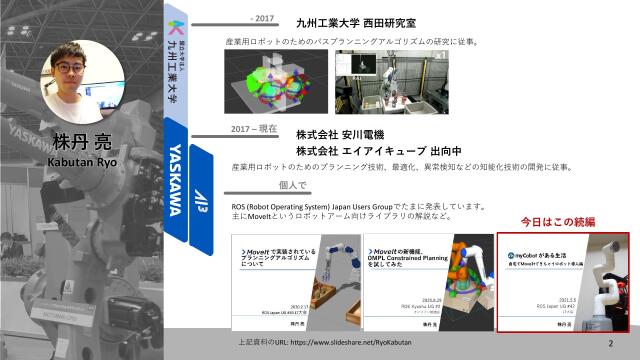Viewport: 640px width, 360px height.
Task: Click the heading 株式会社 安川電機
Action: click(340, 134)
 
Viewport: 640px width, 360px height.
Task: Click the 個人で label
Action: click(292, 185)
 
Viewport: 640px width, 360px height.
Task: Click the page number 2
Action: click(610, 343)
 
